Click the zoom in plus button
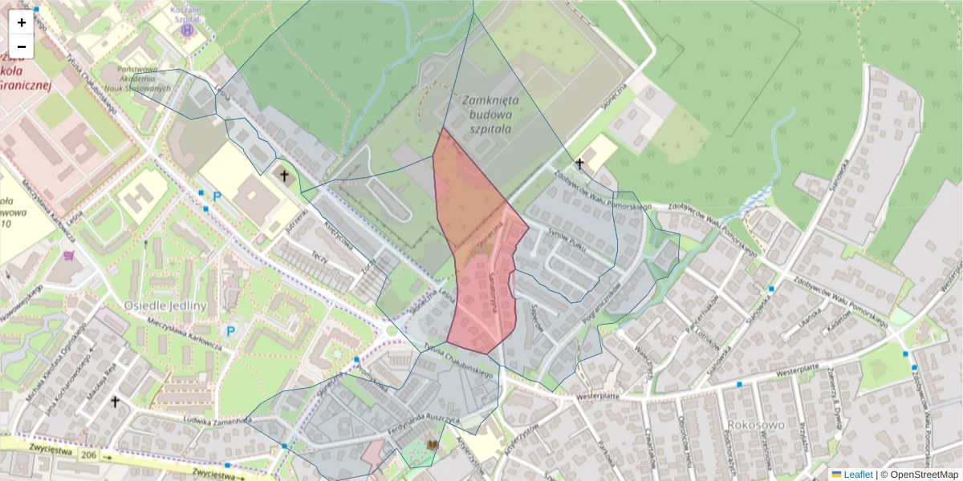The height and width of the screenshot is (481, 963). (22, 22)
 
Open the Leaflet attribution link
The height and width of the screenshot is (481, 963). (858, 475)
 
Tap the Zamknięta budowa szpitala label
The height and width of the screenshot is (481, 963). (490, 113)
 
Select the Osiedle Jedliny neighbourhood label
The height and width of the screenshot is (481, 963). (166, 305)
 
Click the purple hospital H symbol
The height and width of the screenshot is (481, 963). (188, 30)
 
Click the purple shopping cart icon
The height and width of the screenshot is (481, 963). (67, 256)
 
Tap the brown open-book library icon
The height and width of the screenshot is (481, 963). (433, 445)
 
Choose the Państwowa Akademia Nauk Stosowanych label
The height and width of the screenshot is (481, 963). (144, 79)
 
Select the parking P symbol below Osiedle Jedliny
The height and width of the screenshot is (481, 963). (231, 330)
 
